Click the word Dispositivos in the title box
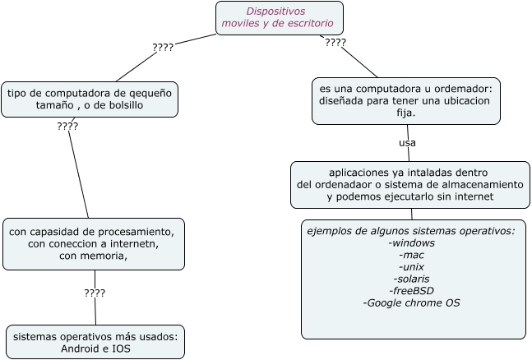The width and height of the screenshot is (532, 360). point(275,12)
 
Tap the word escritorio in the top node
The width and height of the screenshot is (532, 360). point(311,23)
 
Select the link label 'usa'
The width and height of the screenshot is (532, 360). point(408,143)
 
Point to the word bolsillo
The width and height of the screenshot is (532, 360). point(126,105)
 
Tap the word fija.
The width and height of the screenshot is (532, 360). point(406,113)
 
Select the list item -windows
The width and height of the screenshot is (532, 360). point(412,243)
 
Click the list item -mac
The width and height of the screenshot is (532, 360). point(412,255)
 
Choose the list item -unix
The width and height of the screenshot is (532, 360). point(412,267)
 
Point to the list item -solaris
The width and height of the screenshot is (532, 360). point(412,279)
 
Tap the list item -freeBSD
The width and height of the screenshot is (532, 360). point(412,291)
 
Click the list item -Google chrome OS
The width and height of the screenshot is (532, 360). point(412,302)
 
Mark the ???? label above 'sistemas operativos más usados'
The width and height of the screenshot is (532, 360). point(95,293)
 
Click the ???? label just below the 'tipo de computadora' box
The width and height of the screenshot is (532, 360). point(67,127)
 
